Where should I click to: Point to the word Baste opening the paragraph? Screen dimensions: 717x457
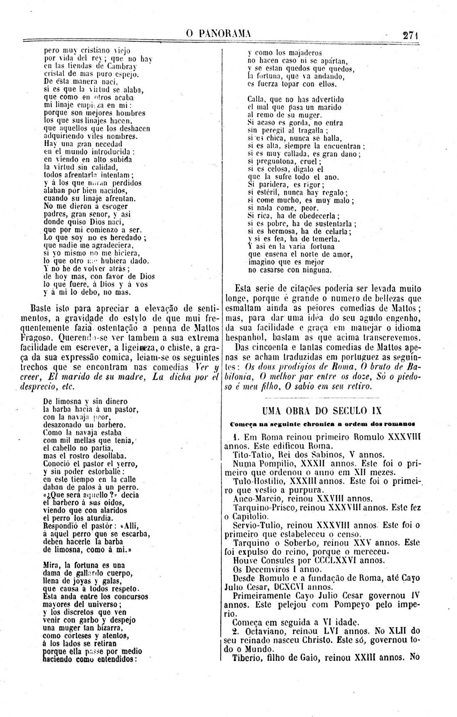click(43, 309)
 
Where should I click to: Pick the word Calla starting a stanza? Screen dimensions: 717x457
click(255, 99)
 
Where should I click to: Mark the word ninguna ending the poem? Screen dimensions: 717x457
click(318, 270)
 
